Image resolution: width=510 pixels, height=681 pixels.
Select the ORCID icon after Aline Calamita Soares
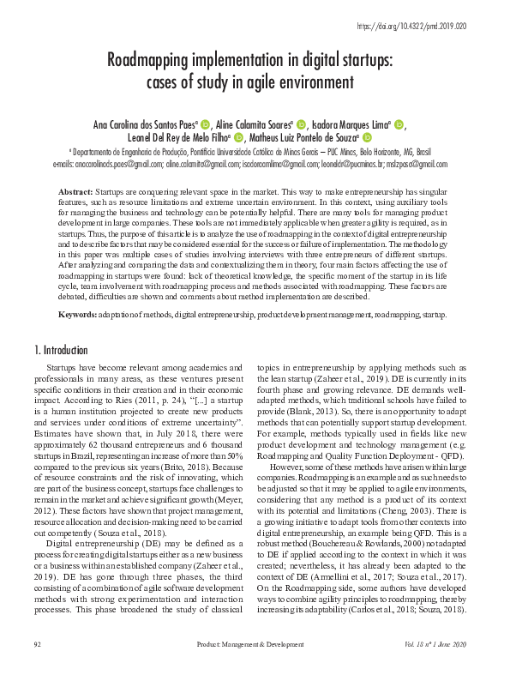point(301,124)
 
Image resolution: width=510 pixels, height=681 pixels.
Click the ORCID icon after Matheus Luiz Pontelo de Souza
point(366,137)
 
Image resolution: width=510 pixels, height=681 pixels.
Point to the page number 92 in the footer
point(37,666)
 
